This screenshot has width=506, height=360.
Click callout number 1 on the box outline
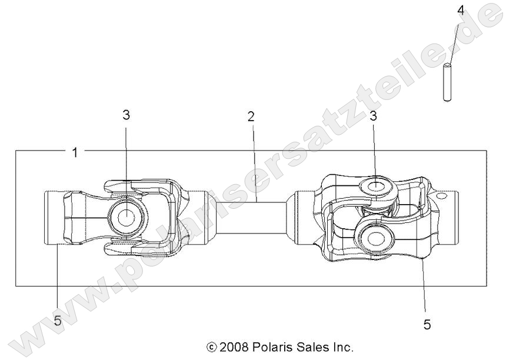[x=75, y=152]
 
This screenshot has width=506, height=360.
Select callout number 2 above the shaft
[x=251, y=116]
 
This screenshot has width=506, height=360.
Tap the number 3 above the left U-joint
[x=126, y=115]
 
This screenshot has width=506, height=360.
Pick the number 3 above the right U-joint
[x=374, y=116]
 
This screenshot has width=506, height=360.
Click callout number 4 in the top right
[x=461, y=10]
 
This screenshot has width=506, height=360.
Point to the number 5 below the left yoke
[x=58, y=321]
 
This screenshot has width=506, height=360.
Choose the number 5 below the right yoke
[x=427, y=324]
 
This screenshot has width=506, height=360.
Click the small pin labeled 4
[x=447, y=82]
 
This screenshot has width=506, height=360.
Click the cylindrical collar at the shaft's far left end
[x=54, y=218]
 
